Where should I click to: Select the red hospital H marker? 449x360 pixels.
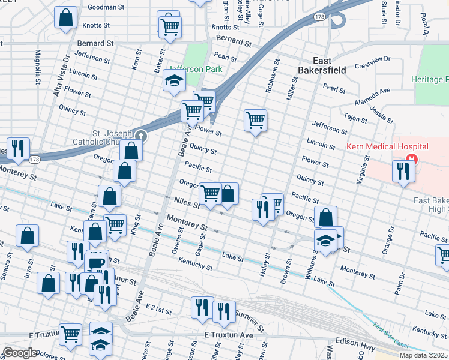point(411,160)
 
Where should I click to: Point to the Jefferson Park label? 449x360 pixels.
point(196,69)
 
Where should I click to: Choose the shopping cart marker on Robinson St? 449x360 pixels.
point(256,120)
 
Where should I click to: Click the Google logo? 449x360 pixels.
point(19,353)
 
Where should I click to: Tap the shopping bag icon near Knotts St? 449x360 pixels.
point(65,17)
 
